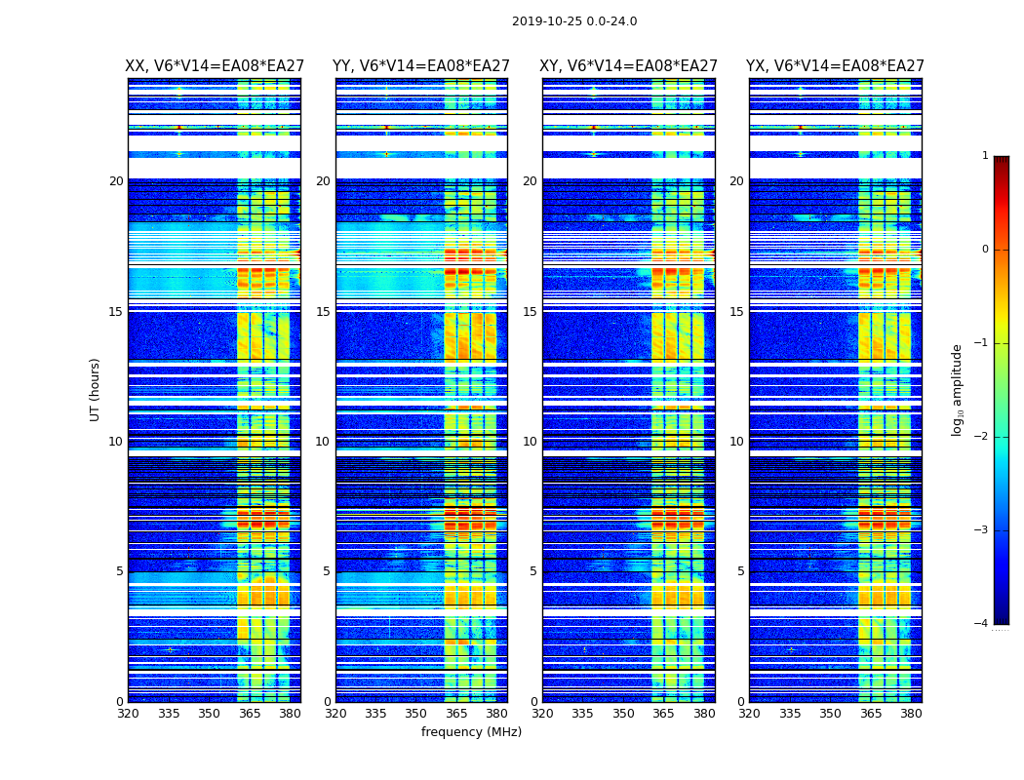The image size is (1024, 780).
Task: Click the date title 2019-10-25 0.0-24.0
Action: click(574, 21)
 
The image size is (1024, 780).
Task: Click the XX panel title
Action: click(214, 66)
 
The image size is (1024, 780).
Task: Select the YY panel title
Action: click(421, 66)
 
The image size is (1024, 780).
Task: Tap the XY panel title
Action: click(628, 66)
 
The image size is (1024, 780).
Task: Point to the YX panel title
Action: click(835, 66)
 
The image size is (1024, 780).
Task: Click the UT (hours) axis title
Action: click(96, 389)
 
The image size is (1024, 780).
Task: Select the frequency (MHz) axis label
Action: click(471, 732)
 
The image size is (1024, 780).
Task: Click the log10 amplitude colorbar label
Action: click(958, 389)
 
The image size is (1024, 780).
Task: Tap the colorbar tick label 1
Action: click(985, 156)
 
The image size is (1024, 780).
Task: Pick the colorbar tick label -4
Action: click(982, 624)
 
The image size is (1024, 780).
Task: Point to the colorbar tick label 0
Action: click(985, 250)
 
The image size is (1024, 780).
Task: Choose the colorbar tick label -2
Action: click(982, 437)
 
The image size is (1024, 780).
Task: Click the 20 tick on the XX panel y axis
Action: click(116, 181)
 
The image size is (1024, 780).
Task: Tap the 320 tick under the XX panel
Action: click(128, 714)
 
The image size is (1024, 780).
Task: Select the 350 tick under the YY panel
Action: click(416, 714)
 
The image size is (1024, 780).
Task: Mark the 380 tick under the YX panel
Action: click(911, 714)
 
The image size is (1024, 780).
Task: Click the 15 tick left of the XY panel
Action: click(531, 312)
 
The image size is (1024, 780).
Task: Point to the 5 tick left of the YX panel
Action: click(741, 571)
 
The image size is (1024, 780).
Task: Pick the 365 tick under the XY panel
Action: click(664, 714)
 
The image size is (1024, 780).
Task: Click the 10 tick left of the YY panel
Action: click(323, 442)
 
